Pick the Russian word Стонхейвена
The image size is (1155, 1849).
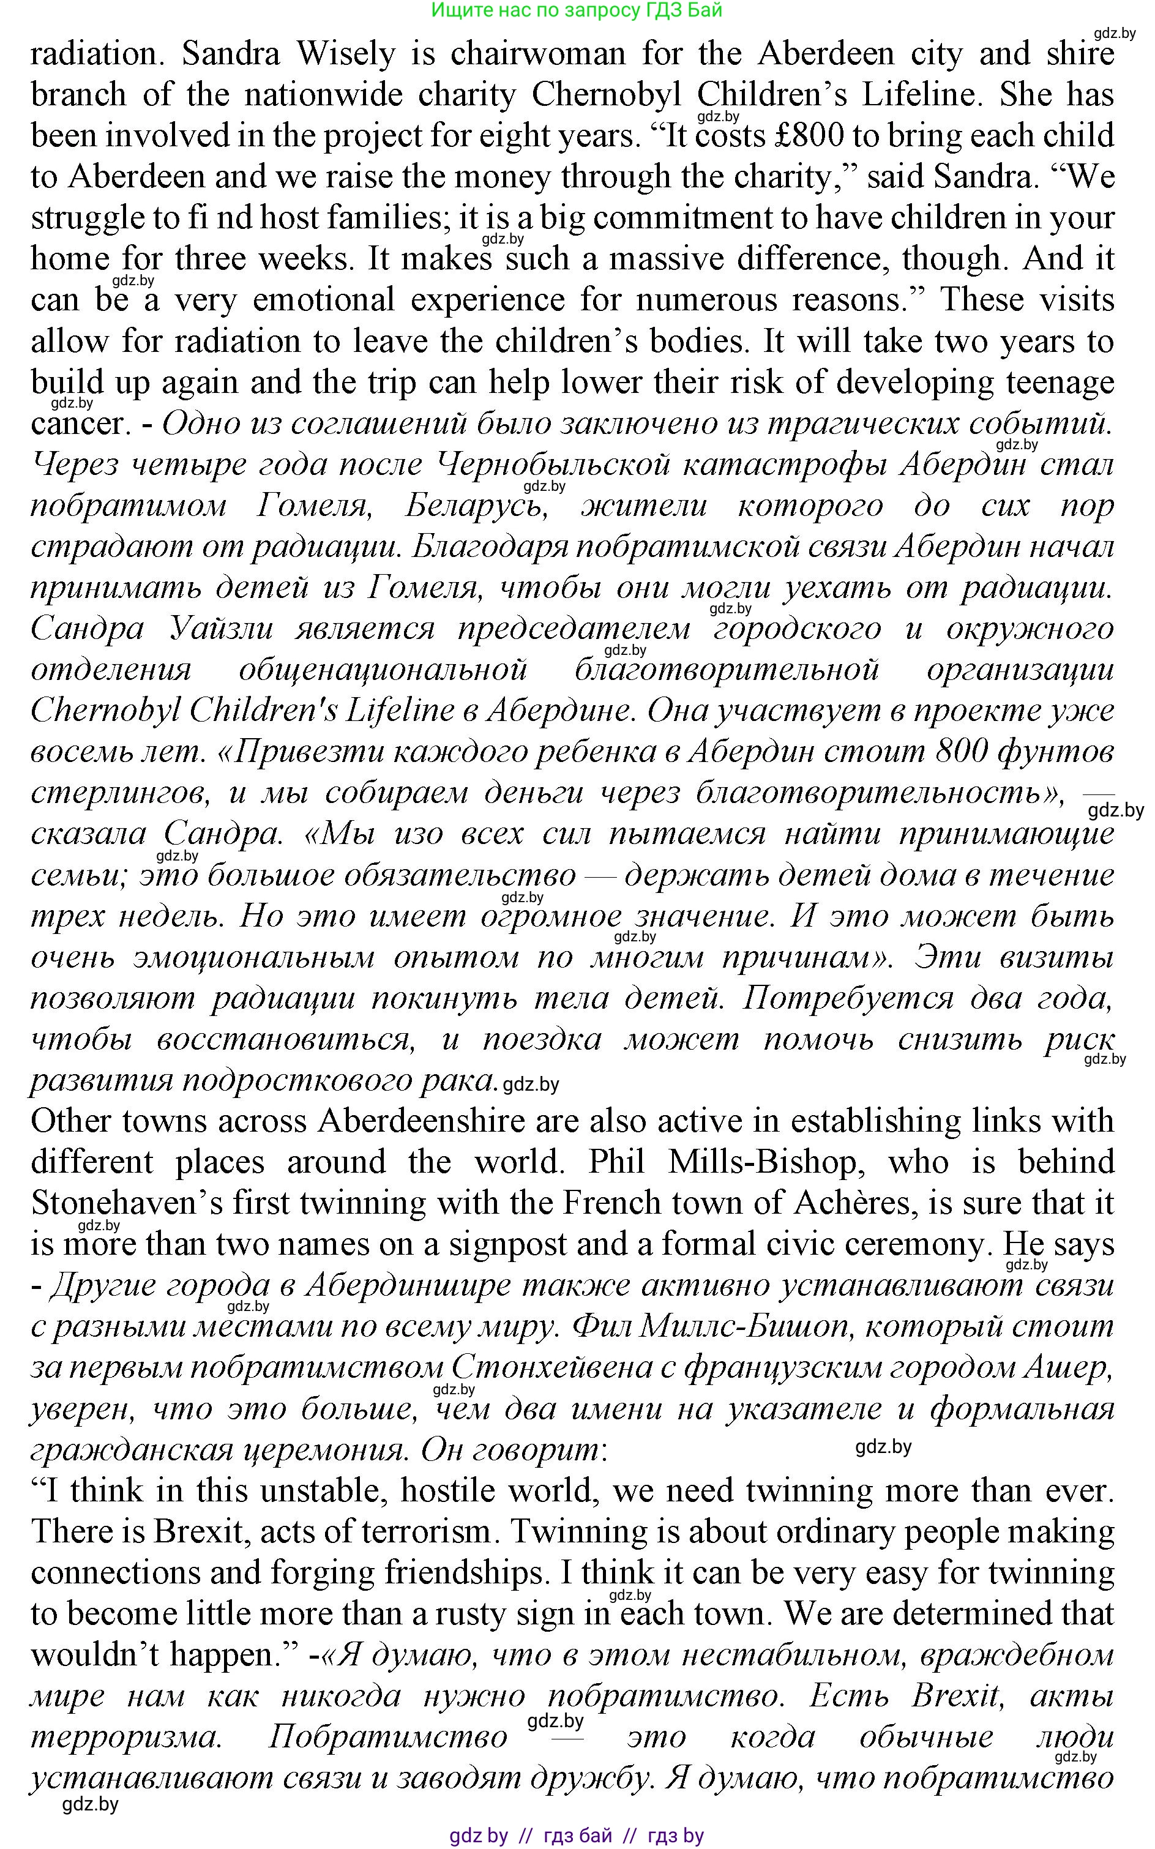[x=551, y=1368]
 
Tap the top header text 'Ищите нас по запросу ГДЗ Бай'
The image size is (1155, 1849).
[x=577, y=10]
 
